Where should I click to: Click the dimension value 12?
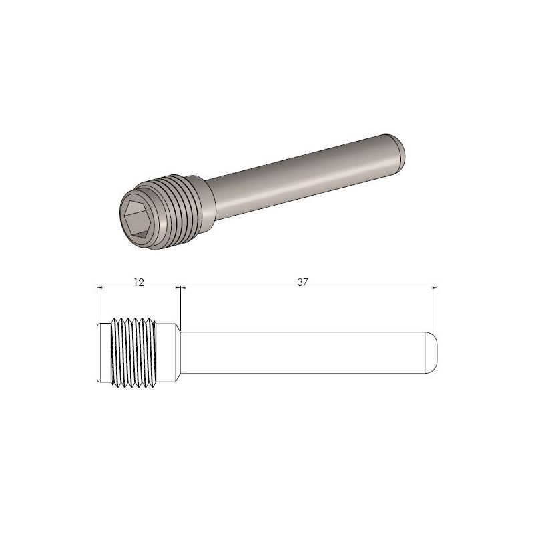pos(138,282)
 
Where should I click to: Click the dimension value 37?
pos(302,282)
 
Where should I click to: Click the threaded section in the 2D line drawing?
pos(133,352)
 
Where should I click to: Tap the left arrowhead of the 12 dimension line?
pos(101,288)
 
